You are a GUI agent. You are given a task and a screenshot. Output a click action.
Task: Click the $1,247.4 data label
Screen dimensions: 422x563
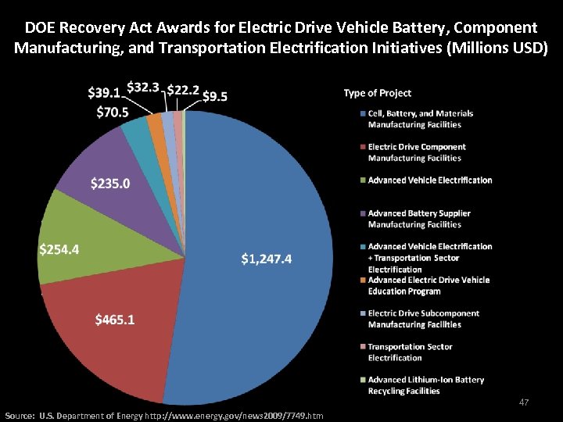[266, 259]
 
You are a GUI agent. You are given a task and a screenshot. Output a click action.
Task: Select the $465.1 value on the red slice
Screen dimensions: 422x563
[114, 320]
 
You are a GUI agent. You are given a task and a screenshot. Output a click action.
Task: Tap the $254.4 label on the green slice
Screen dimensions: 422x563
[59, 250]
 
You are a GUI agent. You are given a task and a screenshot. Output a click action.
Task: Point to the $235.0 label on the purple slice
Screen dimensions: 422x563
[110, 184]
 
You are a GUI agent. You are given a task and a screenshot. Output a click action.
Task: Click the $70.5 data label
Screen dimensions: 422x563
[113, 112]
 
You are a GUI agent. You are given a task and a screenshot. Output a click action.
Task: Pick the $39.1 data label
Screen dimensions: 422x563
[105, 92]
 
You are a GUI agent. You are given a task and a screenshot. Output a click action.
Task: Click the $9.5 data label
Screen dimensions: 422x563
[215, 97]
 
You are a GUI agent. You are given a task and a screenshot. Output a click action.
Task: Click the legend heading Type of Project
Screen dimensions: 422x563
[378, 93]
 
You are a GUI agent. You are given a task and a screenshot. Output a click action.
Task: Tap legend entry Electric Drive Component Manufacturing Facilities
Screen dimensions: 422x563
[416, 152]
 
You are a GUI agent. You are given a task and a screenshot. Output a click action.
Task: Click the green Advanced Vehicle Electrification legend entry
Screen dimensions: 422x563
[429, 180]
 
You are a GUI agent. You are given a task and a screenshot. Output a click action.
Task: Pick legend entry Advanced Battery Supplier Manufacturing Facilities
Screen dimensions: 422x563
[418, 219]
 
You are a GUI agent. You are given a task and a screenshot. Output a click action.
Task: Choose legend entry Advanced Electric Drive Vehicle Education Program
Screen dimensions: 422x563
[429, 285]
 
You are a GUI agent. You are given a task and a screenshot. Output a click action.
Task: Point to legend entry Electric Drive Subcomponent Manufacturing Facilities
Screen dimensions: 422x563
[425, 319]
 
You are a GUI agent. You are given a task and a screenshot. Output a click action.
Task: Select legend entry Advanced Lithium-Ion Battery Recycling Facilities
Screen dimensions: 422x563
[425, 385]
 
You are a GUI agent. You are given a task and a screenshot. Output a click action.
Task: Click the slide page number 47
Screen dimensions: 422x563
[524, 402]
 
